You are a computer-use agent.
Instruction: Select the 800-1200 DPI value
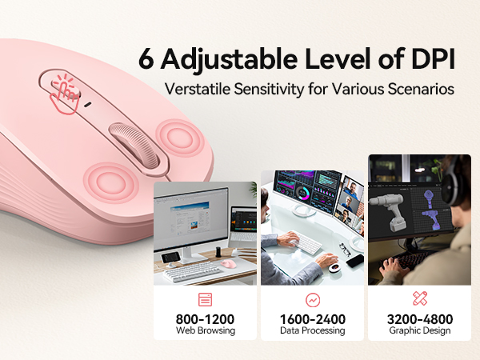(x=205, y=318)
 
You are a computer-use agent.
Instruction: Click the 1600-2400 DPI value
(x=312, y=318)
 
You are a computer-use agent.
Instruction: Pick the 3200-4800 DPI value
(x=419, y=318)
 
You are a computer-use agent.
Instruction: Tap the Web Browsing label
(x=205, y=331)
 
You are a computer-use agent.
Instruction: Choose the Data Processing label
(x=312, y=331)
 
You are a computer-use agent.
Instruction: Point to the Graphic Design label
(x=419, y=331)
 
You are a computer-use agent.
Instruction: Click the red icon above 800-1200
(x=205, y=300)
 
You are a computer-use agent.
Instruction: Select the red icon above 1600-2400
(x=312, y=300)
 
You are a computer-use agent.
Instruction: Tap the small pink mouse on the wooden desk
(x=227, y=263)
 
